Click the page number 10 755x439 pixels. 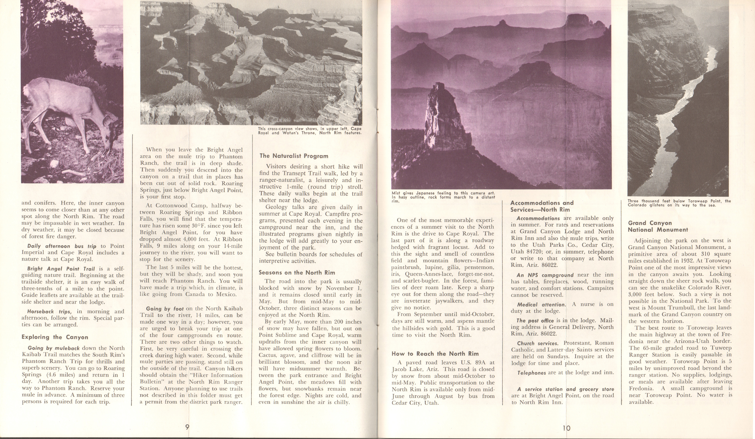click(x=566, y=428)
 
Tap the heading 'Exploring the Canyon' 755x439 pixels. click(x=55, y=337)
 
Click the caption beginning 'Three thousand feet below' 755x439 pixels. click(x=679, y=203)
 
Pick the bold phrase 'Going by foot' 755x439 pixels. click(x=165, y=308)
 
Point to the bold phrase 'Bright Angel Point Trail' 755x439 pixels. click(x=61, y=269)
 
